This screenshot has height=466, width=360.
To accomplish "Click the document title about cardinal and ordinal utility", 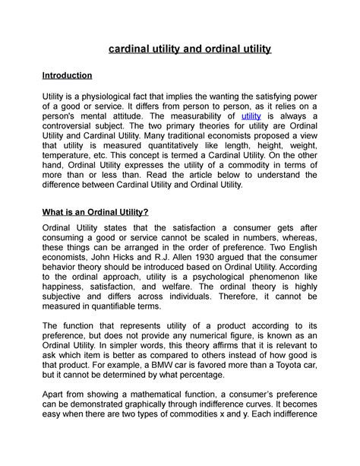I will (x=190, y=51).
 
